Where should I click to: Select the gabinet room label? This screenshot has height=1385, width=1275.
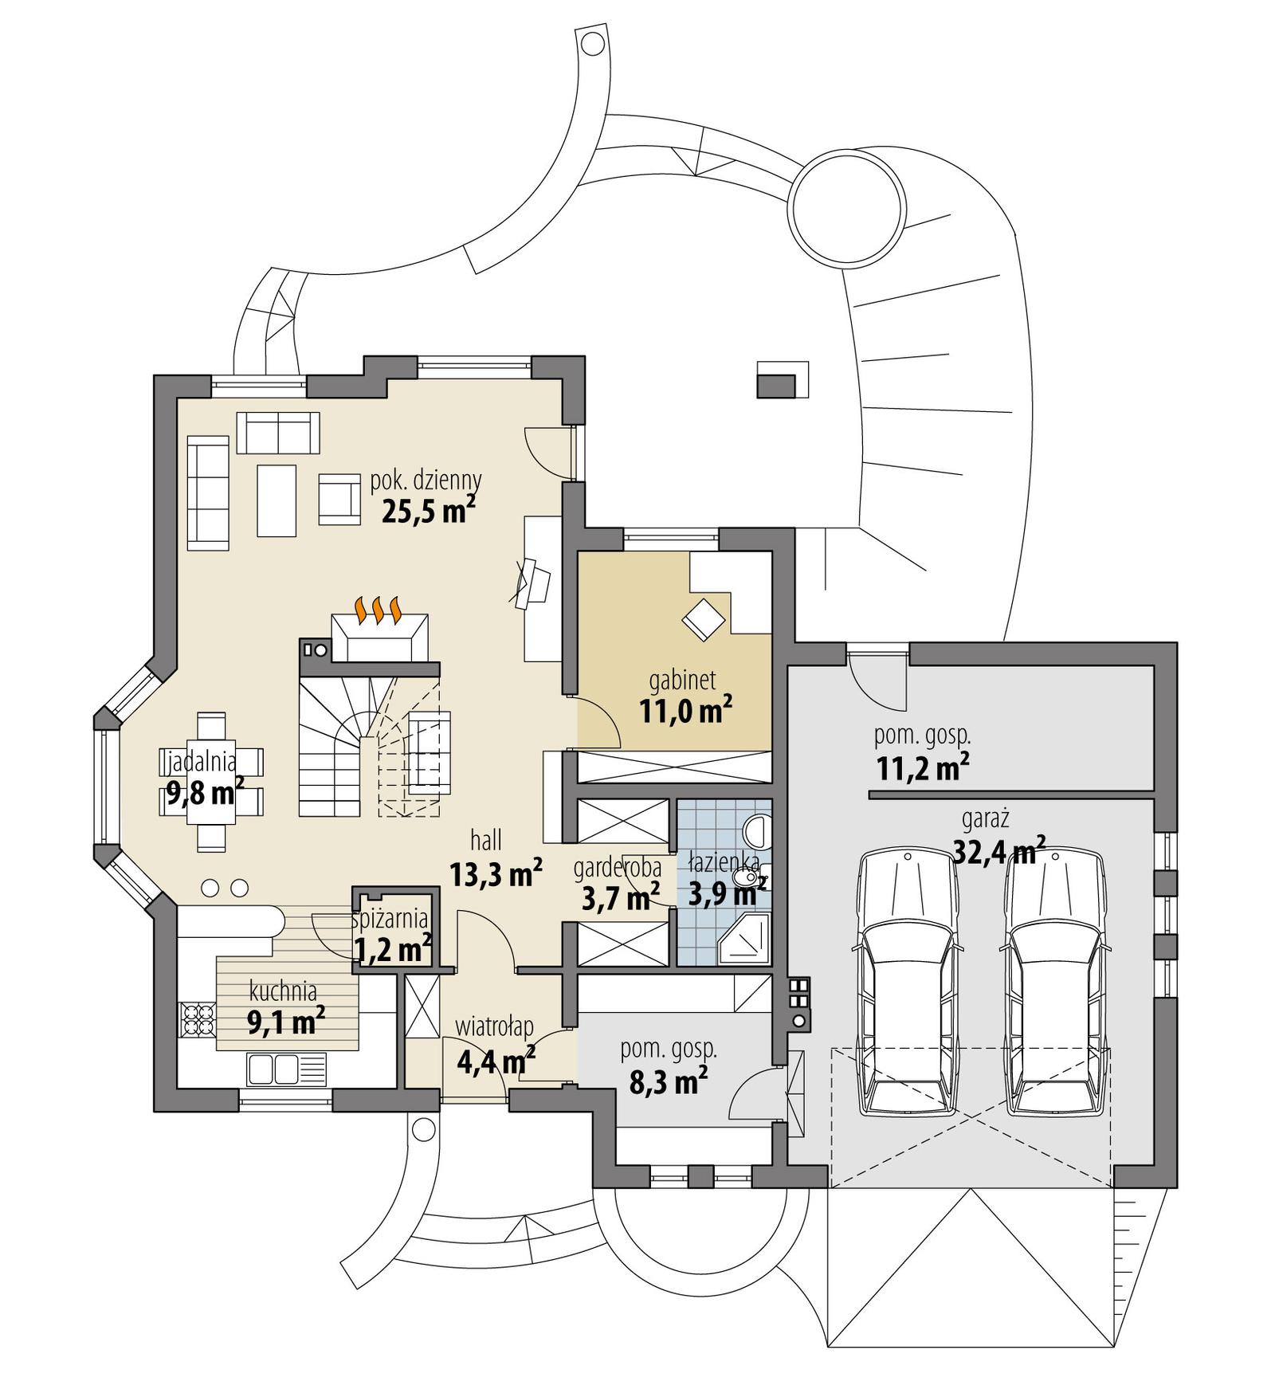click(x=682, y=680)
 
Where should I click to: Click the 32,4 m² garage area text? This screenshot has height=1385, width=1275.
click(x=999, y=852)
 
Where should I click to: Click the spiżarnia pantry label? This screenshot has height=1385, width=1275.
click(x=390, y=920)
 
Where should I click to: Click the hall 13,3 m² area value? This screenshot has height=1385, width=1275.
click(x=496, y=875)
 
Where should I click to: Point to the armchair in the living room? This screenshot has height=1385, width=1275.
click(x=339, y=499)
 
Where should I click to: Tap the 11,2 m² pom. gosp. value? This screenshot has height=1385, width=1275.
click(x=922, y=768)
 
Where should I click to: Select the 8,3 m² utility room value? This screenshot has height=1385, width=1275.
click(x=669, y=1082)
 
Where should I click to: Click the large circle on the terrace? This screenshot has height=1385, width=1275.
click(x=848, y=210)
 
